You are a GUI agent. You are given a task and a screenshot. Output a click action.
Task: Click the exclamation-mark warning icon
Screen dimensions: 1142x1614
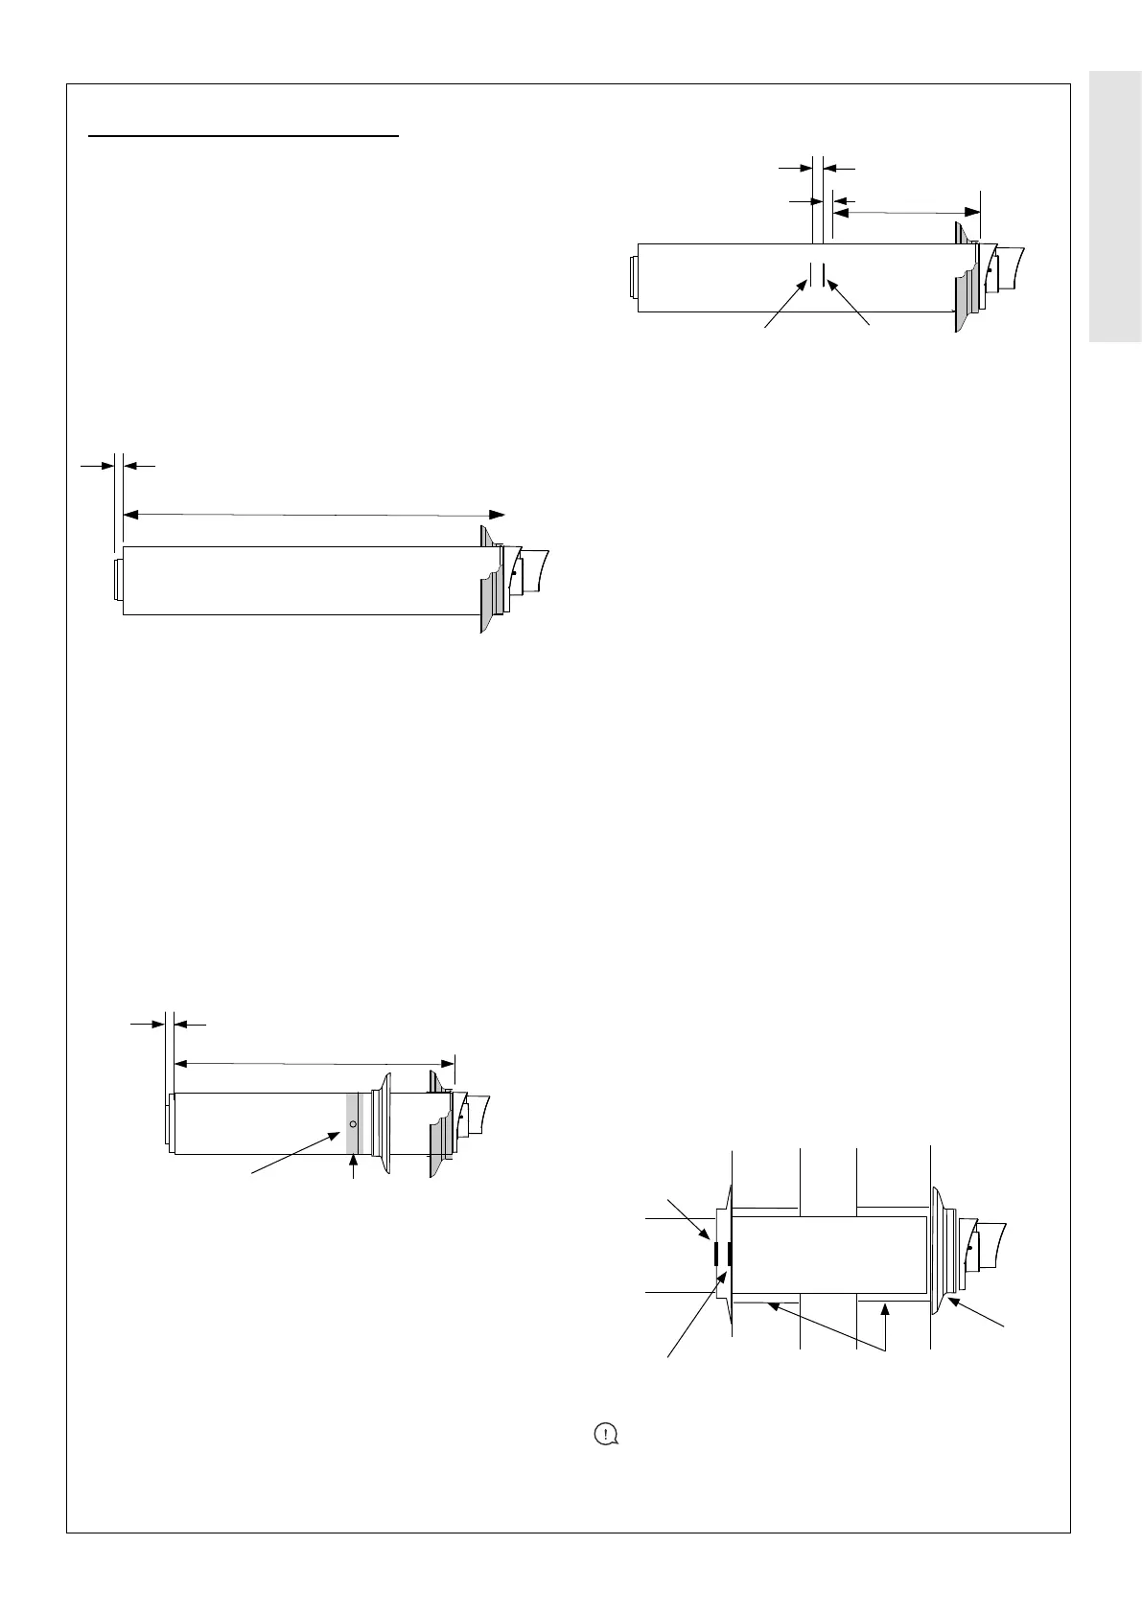click(x=606, y=1435)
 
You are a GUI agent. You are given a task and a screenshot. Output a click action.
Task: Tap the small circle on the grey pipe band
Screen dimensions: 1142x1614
click(x=353, y=1123)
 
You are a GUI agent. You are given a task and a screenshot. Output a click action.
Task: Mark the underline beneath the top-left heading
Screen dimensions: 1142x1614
click(x=243, y=137)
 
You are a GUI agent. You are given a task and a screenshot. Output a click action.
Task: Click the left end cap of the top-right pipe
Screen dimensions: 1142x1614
click(x=632, y=278)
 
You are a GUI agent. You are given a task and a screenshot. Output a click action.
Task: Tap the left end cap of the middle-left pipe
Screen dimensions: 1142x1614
click(x=118, y=580)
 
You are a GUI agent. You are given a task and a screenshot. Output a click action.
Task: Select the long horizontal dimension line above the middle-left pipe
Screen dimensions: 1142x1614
click(x=314, y=515)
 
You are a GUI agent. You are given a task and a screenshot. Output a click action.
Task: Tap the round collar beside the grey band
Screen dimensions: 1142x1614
click(x=385, y=1123)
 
